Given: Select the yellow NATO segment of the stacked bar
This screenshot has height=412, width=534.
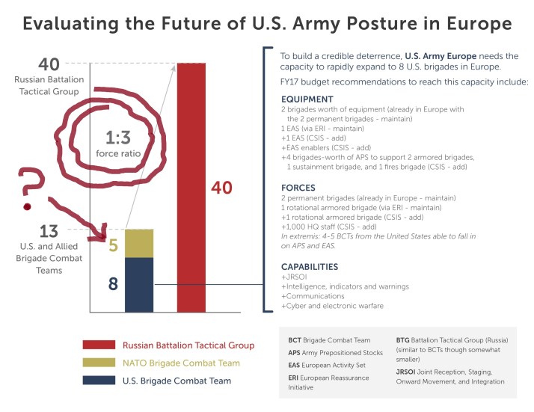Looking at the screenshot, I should coord(138,243).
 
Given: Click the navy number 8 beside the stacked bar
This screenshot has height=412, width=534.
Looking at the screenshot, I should coord(112,284).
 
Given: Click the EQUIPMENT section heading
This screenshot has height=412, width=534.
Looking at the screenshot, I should coord(308,99).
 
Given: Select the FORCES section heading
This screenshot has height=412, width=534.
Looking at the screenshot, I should coord(298,188).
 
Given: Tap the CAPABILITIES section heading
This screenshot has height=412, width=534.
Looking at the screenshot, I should coord(310,267).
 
